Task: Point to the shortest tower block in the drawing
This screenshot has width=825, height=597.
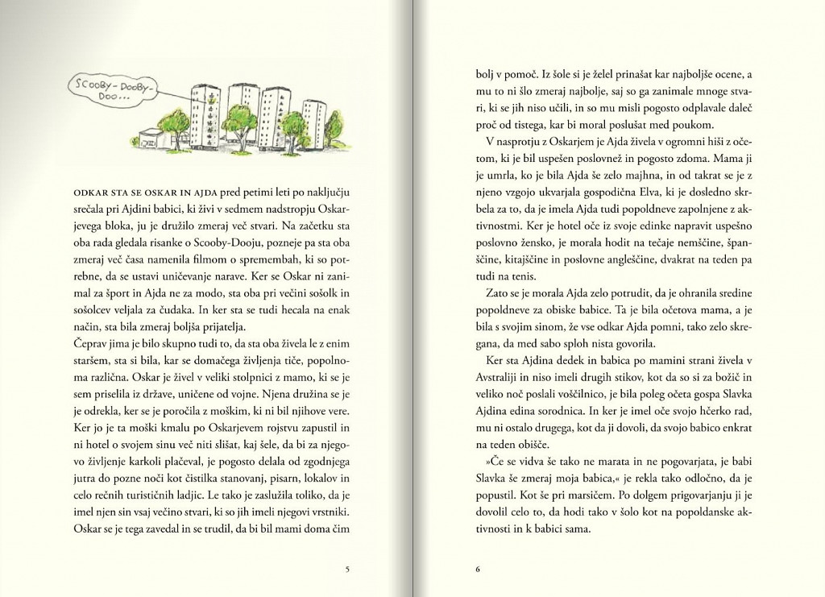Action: (x=313, y=125)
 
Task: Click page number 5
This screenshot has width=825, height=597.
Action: (x=346, y=570)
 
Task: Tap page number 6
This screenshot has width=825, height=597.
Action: (x=478, y=570)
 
